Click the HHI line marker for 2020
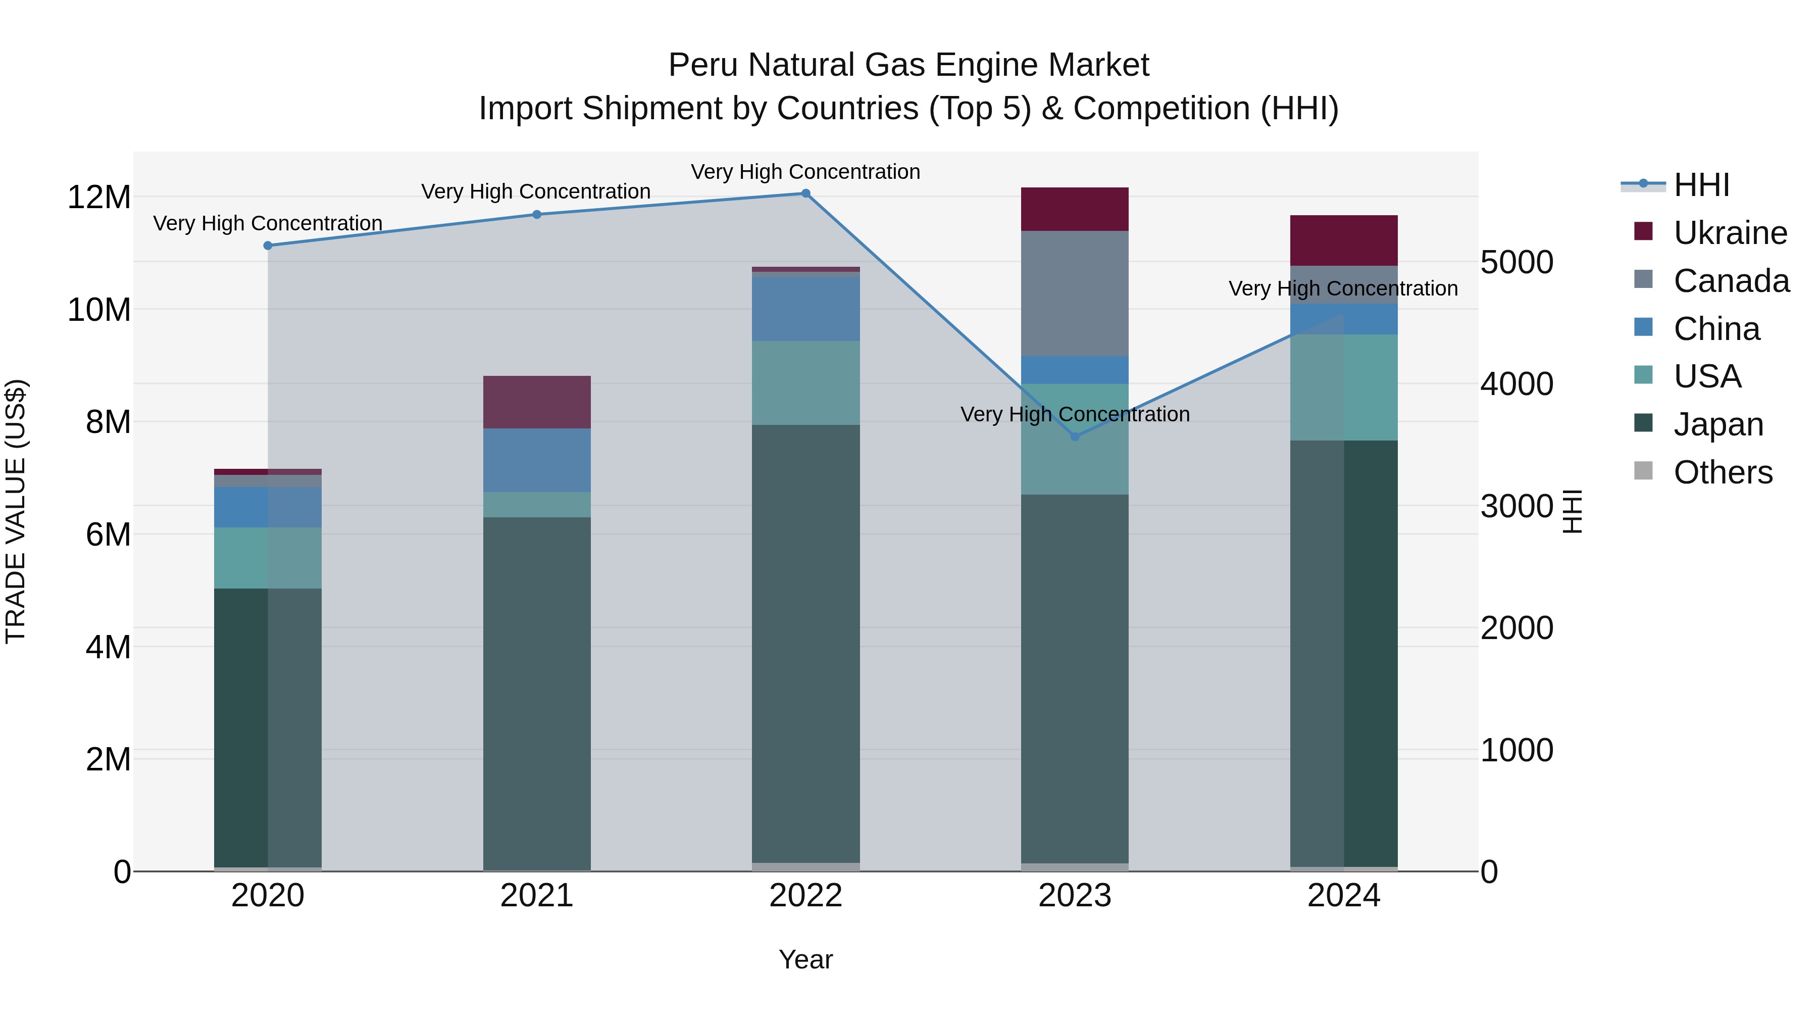point(268,246)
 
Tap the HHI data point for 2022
point(805,193)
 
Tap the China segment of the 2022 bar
point(805,309)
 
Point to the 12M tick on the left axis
point(99,197)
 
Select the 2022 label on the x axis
point(805,896)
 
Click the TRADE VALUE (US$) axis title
point(16,511)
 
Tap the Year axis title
point(805,959)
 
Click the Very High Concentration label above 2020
point(268,223)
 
